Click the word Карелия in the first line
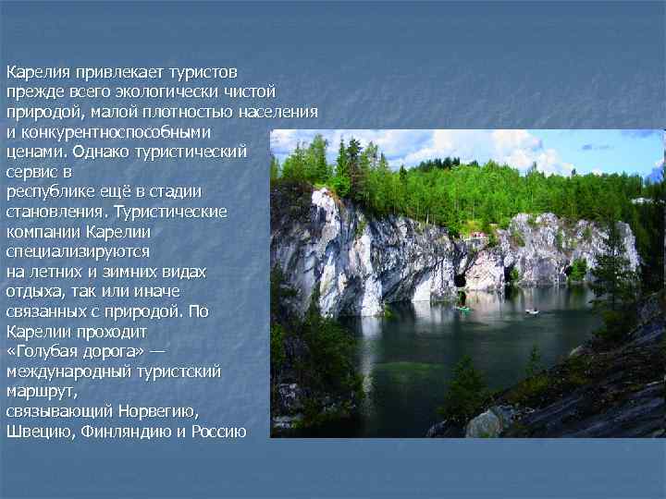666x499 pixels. (32, 71)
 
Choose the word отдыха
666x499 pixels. (32, 292)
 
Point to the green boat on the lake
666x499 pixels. (463, 309)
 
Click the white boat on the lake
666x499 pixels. (532, 311)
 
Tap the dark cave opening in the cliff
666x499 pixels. (460, 281)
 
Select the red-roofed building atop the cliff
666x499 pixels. (478, 236)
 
